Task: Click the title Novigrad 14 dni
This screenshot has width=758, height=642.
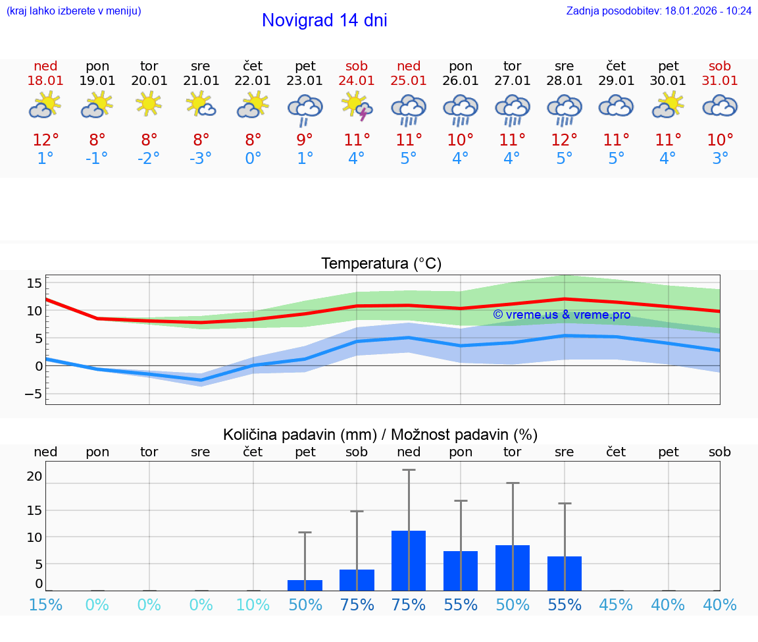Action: coord(324,20)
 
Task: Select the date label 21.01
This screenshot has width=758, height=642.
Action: coord(201,81)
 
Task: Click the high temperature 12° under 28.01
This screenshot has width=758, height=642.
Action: coord(564,140)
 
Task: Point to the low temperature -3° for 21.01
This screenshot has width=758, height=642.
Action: coord(201,159)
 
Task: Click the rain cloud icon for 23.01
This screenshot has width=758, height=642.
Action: coord(305,109)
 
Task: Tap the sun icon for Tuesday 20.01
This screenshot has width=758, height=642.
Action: coord(149,103)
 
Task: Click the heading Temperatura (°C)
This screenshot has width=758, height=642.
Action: coord(381,264)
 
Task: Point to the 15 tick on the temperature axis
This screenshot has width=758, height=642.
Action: coord(34,283)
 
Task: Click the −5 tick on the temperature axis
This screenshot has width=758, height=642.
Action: coord(33,394)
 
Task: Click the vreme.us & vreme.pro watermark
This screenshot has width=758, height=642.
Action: coord(561,315)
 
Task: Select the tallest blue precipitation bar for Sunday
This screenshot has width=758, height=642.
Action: coord(409,560)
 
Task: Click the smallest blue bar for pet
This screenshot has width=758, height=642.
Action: coord(305,585)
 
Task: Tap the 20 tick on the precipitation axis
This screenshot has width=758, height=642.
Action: coord(34,476)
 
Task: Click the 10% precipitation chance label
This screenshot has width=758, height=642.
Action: coord(253,604)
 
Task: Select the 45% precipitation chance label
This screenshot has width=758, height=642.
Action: coord(616,604)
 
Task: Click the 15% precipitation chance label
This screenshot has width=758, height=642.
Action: coord(45,604)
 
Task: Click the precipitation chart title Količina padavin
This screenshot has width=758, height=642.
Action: coord(380,435)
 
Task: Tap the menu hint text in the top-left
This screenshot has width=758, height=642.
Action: coord(74,11)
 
